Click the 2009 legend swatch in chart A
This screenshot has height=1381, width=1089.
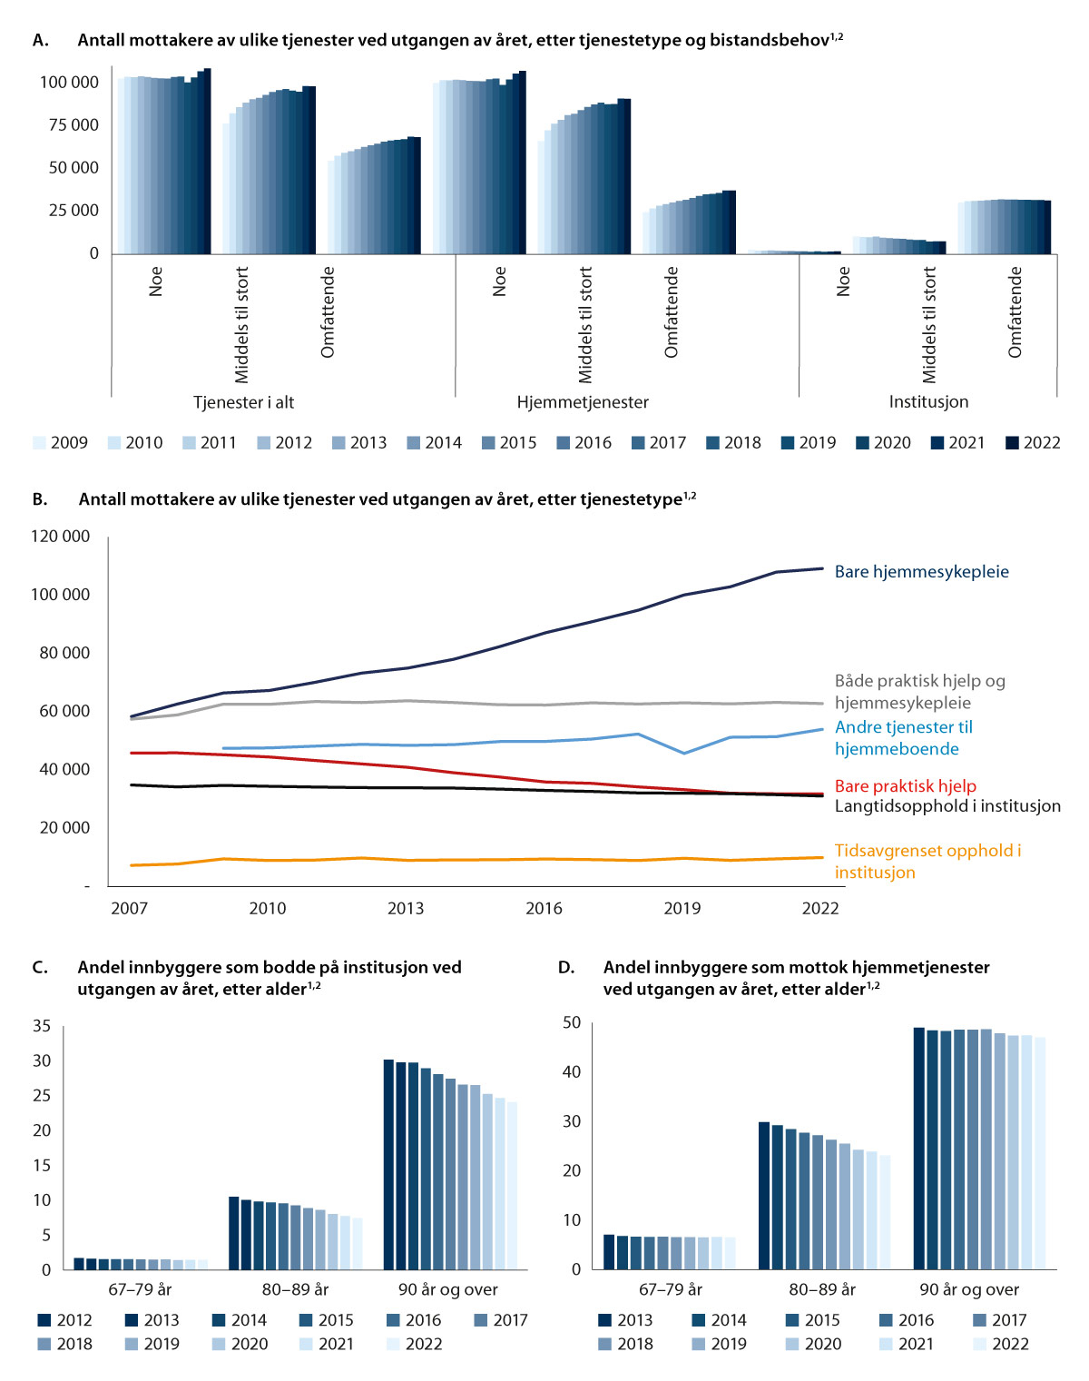point(39,443)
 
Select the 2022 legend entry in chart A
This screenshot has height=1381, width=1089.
point(1033,443)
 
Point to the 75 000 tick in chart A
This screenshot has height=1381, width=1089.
point(74,125)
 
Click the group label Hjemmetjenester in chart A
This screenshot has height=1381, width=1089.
point(583,402)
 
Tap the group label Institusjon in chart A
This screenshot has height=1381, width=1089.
point(928,402)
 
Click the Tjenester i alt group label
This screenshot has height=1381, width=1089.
point(243,402)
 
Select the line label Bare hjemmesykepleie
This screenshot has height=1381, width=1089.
point(921,572)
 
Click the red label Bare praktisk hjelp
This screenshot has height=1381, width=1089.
point(905,786)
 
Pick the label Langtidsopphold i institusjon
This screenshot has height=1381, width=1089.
point(947,806)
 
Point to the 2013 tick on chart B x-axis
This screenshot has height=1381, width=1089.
point(406,909)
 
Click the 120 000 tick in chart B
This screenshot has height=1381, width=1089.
point(61,537)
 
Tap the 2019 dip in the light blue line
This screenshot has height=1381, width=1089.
point(684,753)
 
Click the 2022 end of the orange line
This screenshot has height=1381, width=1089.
point(822,857)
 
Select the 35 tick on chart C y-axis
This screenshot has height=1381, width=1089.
point(42,1026)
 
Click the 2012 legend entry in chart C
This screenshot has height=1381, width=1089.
point(64,1320)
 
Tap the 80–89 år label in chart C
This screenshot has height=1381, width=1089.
point(295,1289)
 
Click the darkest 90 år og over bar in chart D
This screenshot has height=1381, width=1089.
point(918,1148)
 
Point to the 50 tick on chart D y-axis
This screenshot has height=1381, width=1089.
point(571,1023)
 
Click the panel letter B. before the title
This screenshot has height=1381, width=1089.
point(40,499)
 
